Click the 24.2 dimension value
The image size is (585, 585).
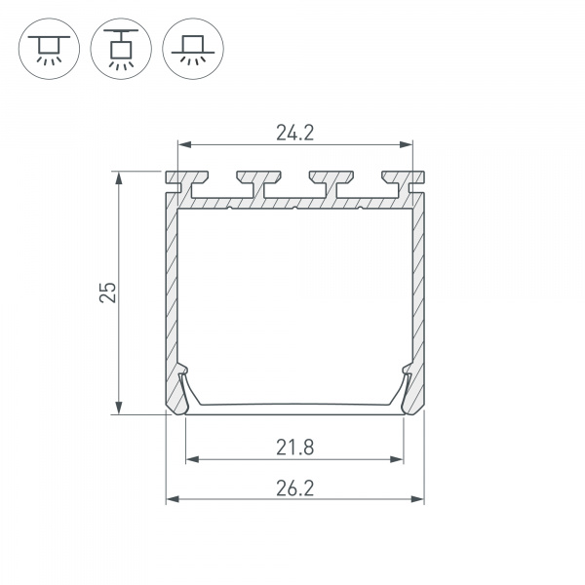tap(295, 133)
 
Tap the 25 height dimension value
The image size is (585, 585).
tap(108, 292)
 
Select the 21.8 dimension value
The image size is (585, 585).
tap(295, 448)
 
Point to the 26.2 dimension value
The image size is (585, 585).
tap(295, 488)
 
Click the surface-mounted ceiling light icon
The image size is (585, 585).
tap(49, 49)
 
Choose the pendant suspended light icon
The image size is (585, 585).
tap(121, 49)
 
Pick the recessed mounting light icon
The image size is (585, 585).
tap(193, 49)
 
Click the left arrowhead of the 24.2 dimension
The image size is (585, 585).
tap(184, 144)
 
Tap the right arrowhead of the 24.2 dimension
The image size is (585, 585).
tap(407, 144)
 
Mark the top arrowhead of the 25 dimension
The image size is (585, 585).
tap(119, 178)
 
